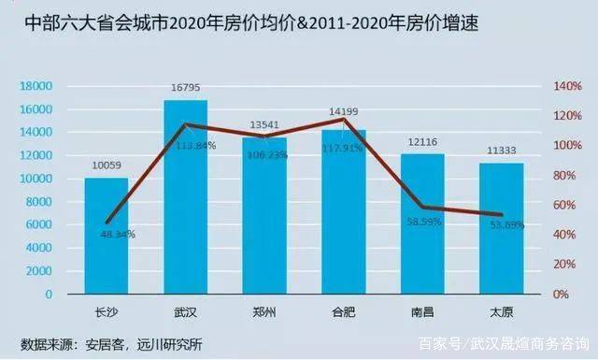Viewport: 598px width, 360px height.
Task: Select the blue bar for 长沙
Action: point(106,238)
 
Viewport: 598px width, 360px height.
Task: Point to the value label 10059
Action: point(106,166)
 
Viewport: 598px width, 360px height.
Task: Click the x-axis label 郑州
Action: point(264,311)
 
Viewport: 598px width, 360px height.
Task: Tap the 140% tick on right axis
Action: point(567,86)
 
